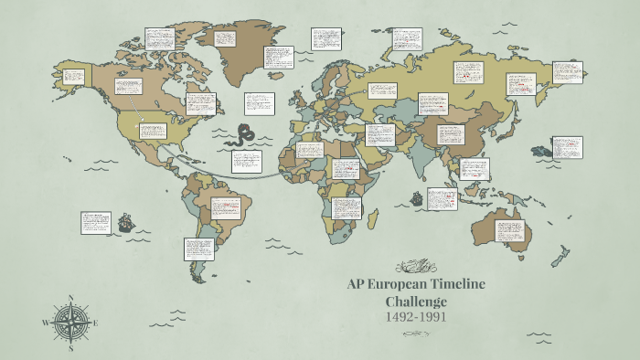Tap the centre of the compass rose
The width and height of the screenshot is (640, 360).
(x=70, y=323)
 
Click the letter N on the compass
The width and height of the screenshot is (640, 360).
(x=70, y=297)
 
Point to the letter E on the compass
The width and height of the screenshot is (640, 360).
(x=95, y=323)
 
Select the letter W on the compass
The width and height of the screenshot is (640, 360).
(x=45, y=323)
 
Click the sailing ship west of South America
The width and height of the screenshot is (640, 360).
(x=124, y=221)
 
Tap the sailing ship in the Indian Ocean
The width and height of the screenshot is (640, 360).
(x=417, y=197)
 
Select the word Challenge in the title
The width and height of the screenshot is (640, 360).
(x=416, y=301)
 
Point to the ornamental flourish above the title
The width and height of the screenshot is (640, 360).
(x=416, y=267)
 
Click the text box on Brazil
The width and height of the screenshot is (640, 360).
(x=226, y=209)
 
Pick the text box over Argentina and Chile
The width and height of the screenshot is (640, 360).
(x=198, y=249)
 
